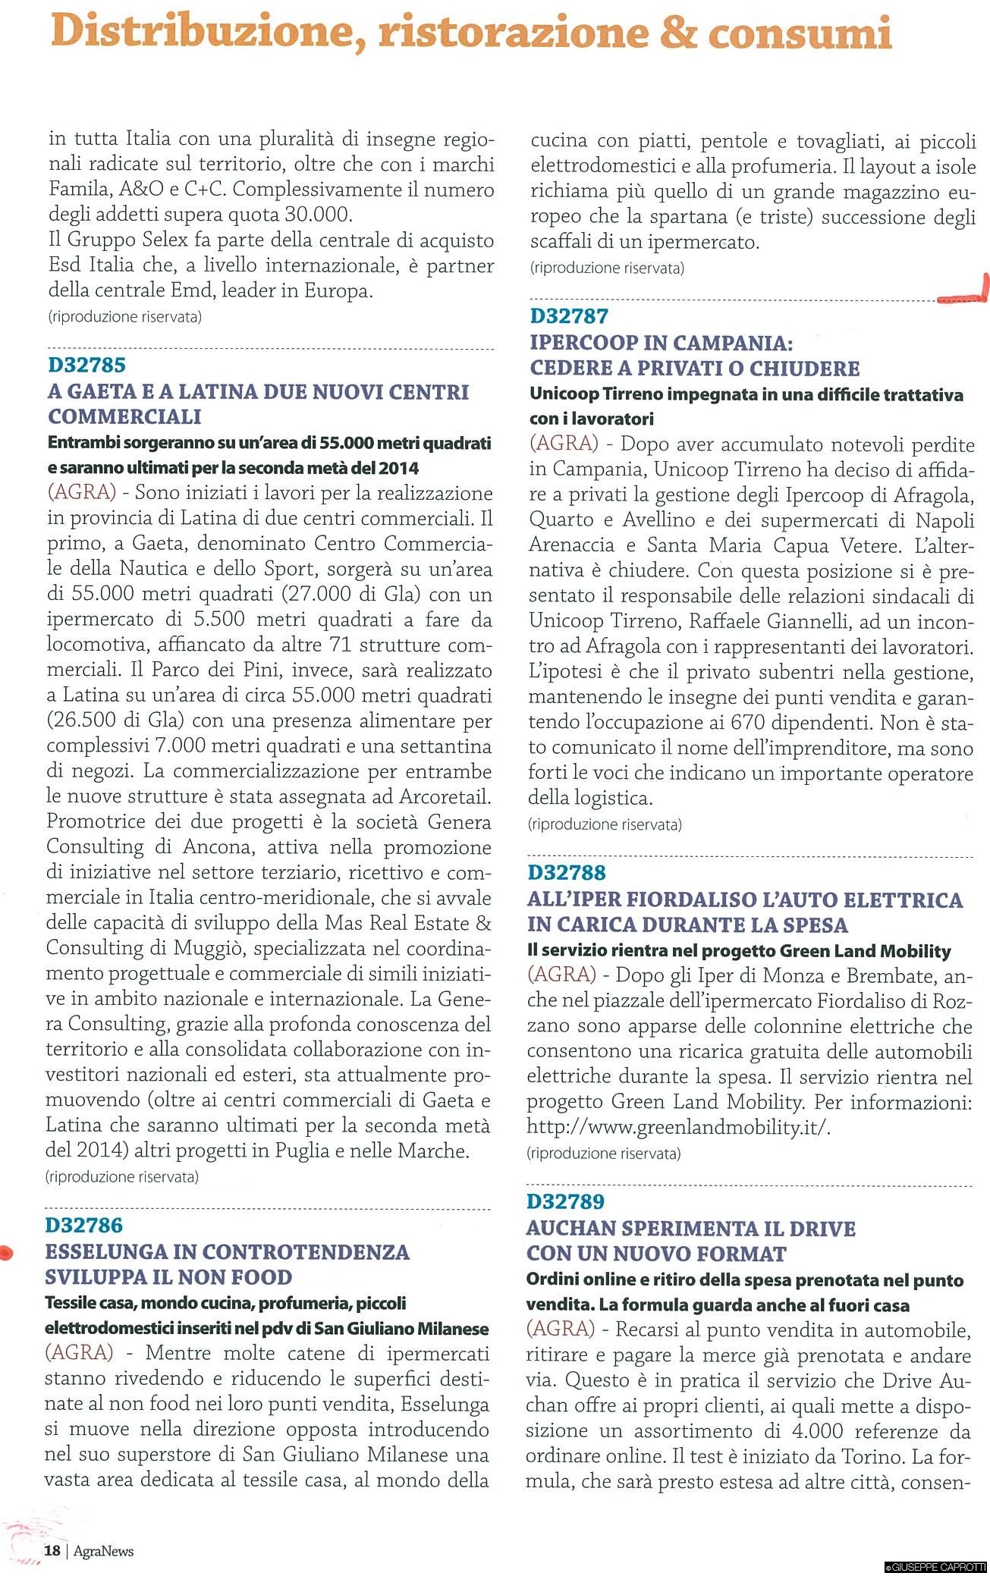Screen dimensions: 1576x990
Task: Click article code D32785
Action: (86, 366)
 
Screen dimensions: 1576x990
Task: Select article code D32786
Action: (83, 1226)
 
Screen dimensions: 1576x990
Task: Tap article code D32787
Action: (569, 316)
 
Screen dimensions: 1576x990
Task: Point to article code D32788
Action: (567, 873)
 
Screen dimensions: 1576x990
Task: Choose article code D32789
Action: (566, 1202)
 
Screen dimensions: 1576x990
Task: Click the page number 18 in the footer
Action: (52, 1551)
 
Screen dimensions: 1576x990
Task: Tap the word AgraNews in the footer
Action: (103, 1552)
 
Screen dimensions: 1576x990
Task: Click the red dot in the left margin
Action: (6, 1254)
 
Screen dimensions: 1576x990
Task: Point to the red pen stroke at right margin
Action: (966, 297)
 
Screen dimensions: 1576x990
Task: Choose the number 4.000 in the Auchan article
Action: (811, 1431)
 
